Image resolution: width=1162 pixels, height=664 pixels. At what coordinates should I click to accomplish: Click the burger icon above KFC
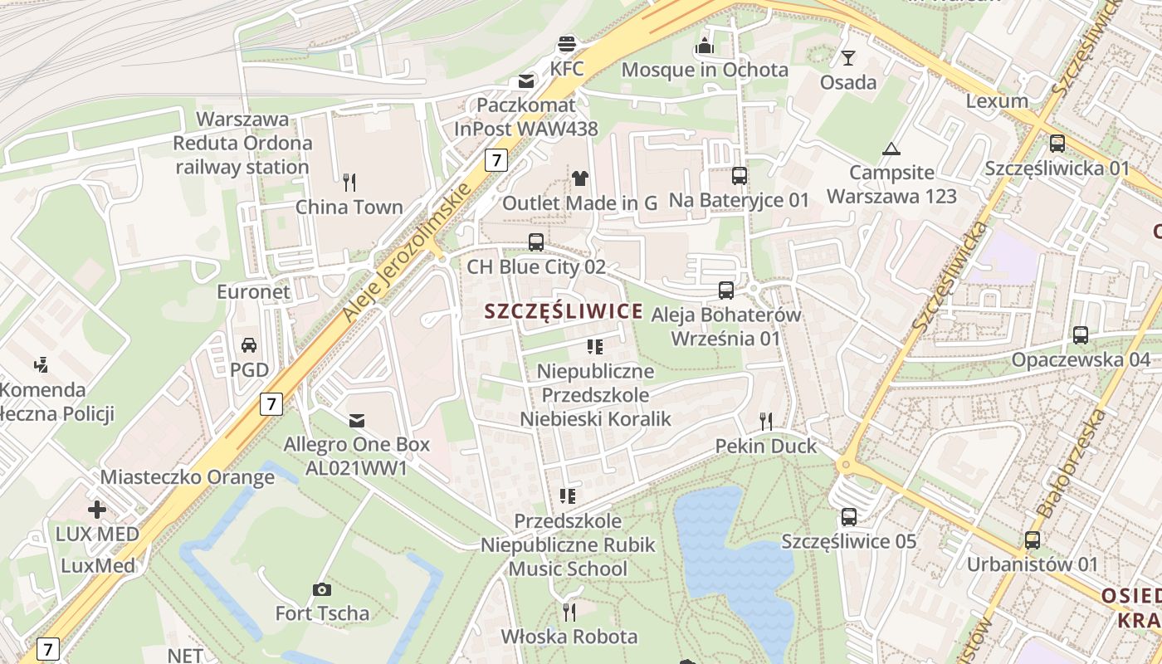tap(567, 43)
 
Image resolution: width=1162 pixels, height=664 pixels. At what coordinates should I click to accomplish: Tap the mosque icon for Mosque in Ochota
tap(705, 45)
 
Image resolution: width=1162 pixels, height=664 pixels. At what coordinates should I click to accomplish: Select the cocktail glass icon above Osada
tap(847, 57)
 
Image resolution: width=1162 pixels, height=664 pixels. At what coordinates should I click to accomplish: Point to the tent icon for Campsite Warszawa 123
tap(891, 149)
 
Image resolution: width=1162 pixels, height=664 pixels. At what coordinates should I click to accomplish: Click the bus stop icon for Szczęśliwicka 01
tap(1057, 143)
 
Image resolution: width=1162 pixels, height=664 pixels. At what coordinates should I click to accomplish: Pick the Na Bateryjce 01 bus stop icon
tap(739, 175)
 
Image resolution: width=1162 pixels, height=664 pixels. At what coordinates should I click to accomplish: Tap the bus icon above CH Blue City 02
tap(536, 242)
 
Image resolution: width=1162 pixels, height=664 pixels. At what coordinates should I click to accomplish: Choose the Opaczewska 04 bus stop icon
tap(1080, 335)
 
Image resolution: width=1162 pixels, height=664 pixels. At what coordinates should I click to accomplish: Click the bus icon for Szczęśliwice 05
tap(848, 517)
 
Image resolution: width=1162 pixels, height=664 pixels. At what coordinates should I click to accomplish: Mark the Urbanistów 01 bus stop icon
tap(1032, 540)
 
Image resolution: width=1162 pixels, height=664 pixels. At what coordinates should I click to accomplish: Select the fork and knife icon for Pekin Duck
tap(765, 422)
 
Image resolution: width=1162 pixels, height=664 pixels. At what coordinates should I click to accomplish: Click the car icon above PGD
tap(248, 344)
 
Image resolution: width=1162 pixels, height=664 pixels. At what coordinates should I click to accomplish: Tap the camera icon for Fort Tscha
tap(321, 589)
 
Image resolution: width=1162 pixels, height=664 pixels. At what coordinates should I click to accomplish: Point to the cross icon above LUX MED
tap(97, 509)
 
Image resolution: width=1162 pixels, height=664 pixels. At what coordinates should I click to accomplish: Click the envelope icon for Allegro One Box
tap(357, 420)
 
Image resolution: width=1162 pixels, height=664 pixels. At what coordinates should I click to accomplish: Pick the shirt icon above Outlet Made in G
tap(579, 178)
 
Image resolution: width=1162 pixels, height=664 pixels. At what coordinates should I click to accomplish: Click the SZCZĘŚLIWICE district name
tap(564, 311)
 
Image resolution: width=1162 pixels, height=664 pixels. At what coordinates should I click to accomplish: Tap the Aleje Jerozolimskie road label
tap(408, 248)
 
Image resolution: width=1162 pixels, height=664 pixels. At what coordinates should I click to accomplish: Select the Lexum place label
tap(997, 101)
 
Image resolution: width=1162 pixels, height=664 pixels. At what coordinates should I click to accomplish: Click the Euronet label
tap(253, 291)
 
